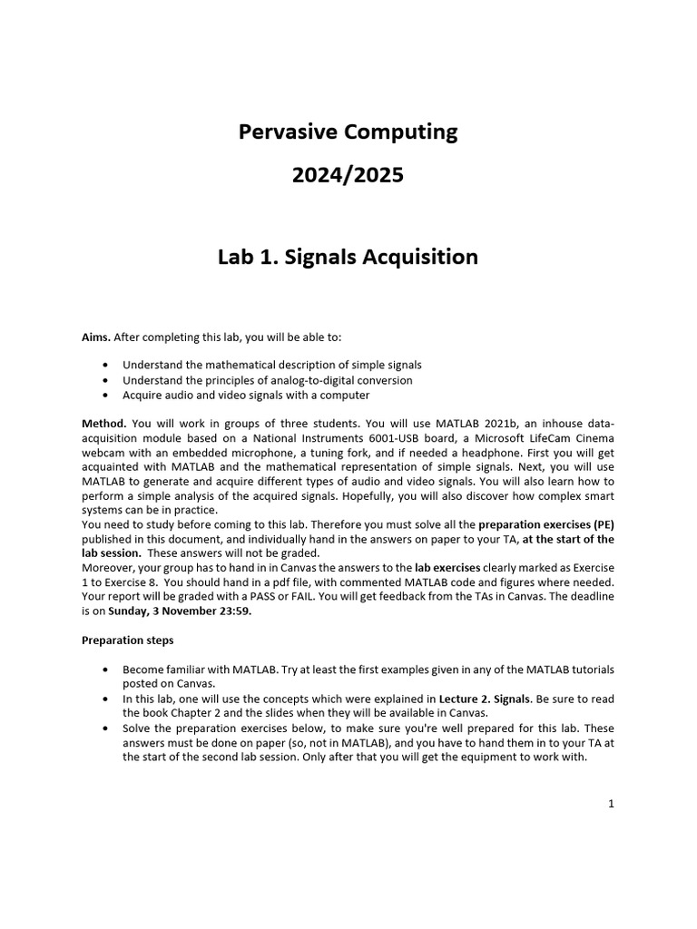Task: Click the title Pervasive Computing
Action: click(x=348, y=132)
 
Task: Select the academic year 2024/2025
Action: click(x=348, y=175)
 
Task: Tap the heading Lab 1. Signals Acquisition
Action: click(x=348, y=258)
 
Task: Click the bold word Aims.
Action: click(x=96, y=337)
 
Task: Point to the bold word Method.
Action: click(x=104, y=423)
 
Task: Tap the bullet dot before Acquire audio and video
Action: click(x=108, y=396)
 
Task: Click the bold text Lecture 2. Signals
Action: click(x=485, y=699)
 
